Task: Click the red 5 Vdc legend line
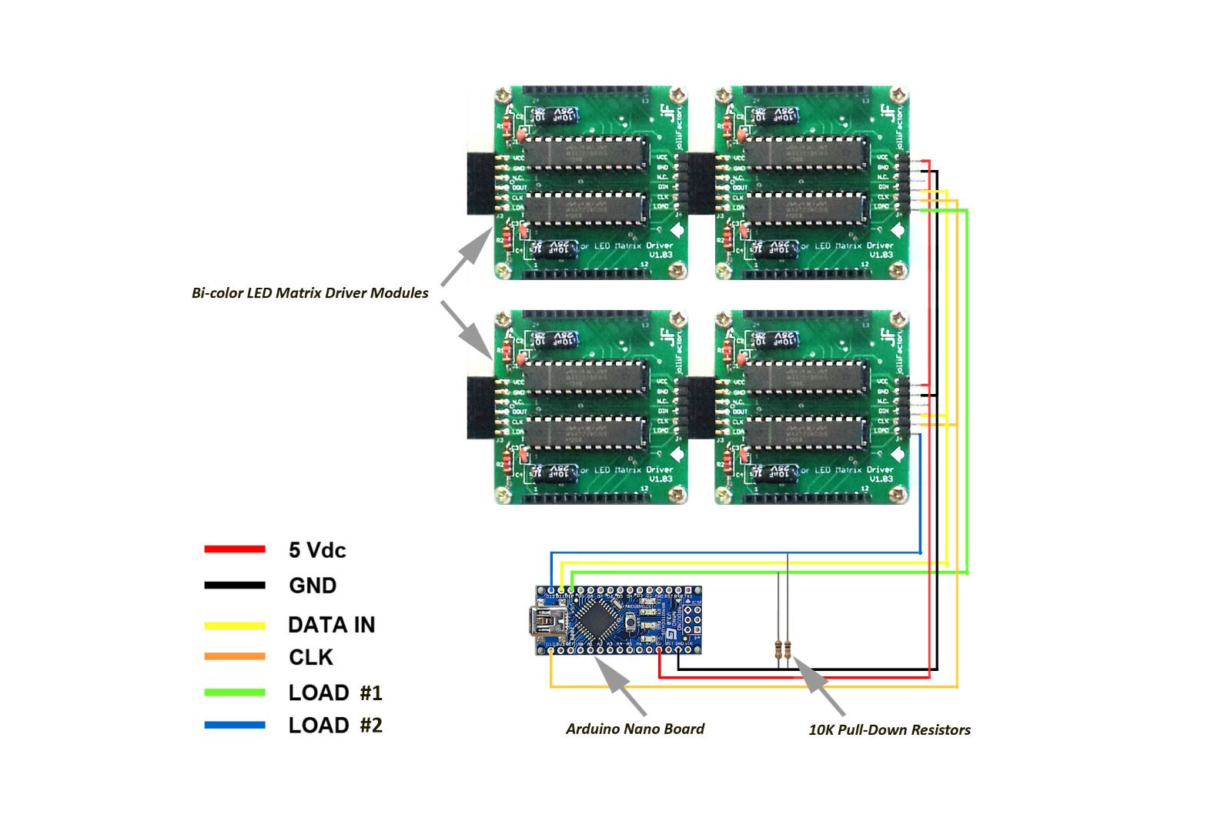[x=235, y=549]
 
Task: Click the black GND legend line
[x=235, y=586]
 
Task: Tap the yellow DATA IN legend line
[x=235, y=626]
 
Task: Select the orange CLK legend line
[x=235, y=657]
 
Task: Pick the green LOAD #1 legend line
[x=235, y=692]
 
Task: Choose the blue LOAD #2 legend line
[x=235, y=725]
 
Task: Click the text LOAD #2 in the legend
[x=335, y=725]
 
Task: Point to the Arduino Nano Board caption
[x=634, y=729]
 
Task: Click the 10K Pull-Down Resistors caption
[x=888, y=729]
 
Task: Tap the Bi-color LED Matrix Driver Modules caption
[x=309, y=292]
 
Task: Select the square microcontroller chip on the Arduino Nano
[x=596, y=619]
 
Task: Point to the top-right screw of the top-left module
[x=677, y=95]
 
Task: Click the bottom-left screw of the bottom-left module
[x=503, y=495]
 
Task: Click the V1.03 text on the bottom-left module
[x=660, y=479]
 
